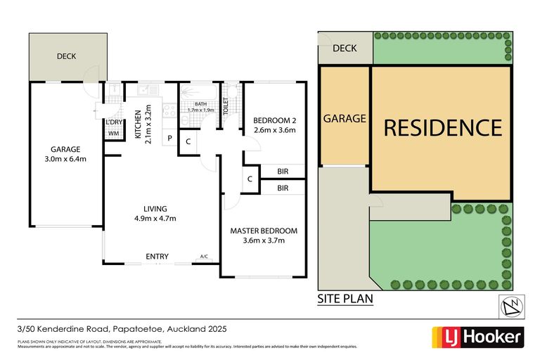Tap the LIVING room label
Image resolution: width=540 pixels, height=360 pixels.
click(155, 209)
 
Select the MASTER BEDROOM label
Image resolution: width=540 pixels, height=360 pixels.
click(264, 231)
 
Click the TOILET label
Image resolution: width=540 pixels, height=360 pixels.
click(226, 106)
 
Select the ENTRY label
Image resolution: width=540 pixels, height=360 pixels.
click(157, 257)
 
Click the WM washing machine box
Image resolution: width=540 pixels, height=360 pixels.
click(112, 133)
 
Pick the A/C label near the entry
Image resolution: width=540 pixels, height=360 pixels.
click(205, 257)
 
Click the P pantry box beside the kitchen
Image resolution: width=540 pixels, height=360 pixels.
click(169, 139)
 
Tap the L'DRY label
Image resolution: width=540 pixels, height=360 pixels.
click(113, 122)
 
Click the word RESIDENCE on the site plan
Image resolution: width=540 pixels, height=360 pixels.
click(442, 128)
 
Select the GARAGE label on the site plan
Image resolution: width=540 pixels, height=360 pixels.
click(345, 119)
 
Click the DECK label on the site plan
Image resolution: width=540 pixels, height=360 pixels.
click(344, 49)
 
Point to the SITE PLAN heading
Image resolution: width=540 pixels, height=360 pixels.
click(345, 299)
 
